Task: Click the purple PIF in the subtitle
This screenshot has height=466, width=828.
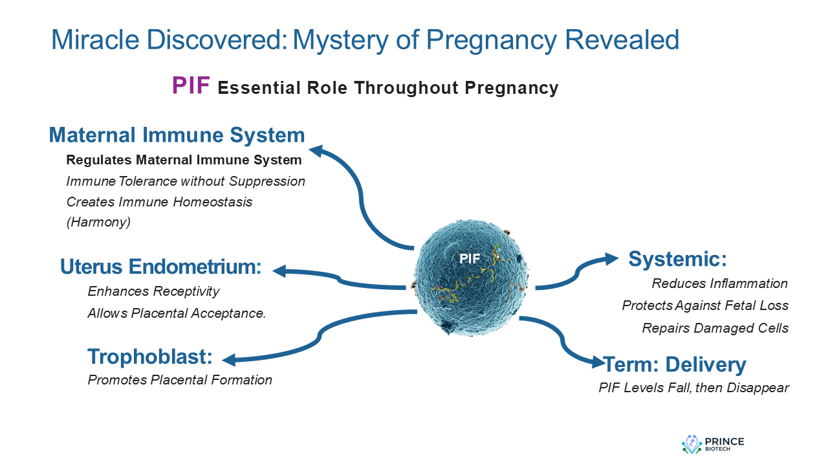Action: click(191, 86)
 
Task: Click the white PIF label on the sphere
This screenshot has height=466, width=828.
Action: click(470, 258)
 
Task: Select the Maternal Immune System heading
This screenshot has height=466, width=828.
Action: click(177, 135)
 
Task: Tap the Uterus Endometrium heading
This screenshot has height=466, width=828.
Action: click(160, 267)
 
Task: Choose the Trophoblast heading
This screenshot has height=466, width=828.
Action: click(150, 357)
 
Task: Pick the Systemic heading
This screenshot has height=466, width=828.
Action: click(678, 260)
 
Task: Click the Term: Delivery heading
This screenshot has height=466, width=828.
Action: click(675, 364)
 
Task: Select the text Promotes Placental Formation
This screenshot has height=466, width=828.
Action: click(180, 380)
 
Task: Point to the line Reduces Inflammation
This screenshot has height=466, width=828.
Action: click(719, 283)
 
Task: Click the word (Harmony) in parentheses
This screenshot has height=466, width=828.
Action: click(98, 222)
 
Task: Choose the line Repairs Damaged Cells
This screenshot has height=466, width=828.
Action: click(715, 328)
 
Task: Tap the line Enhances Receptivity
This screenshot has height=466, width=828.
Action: click(153, 291)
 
